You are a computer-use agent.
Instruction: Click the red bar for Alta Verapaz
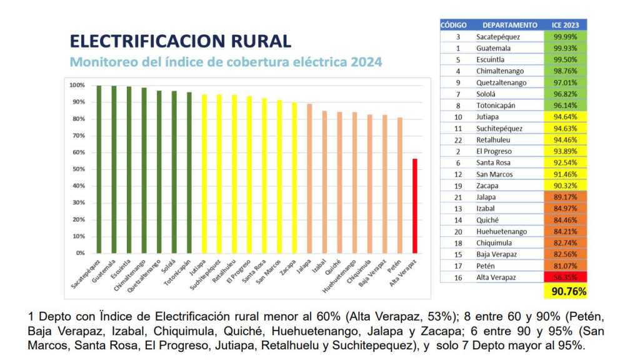[414, 206]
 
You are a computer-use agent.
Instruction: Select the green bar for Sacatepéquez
[99, 169]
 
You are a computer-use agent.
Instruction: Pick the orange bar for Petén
[399, 185]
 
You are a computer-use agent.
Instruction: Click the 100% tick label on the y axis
[77, 85]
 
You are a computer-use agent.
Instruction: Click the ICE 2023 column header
[566, 25]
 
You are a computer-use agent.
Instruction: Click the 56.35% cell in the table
[566, 277]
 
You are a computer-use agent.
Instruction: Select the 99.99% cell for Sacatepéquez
[566, 37]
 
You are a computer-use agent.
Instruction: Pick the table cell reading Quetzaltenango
[501, 82]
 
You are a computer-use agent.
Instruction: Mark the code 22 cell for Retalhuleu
[458, 140]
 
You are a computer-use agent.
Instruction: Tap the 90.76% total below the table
[566, 291]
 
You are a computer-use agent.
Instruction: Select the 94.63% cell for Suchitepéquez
[566, 128]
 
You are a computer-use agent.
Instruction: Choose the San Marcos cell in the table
[494, 174]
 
